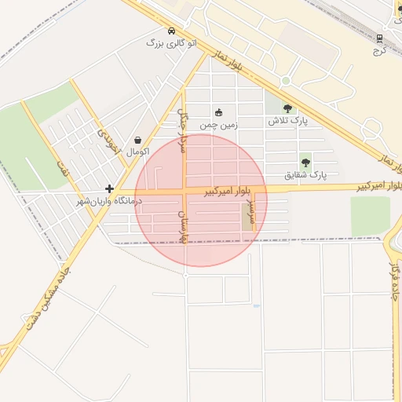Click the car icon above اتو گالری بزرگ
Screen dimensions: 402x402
click(171, 31)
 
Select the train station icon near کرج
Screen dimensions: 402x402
click(379, 37)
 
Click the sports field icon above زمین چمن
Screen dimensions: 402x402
click(218, 112)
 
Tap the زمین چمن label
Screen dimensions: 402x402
click(218, 124)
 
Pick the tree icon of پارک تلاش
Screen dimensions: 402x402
click(287, 109)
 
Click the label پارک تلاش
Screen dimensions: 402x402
click(287, 121)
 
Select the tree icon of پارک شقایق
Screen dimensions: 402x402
click(305, 163)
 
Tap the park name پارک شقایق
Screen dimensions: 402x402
click(305, 174)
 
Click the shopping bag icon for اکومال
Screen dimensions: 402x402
click(138, 140)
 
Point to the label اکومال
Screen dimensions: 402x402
click(138, 151)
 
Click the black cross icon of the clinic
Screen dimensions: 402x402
click(108, 188)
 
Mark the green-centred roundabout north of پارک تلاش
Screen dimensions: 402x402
click(286, 81)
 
